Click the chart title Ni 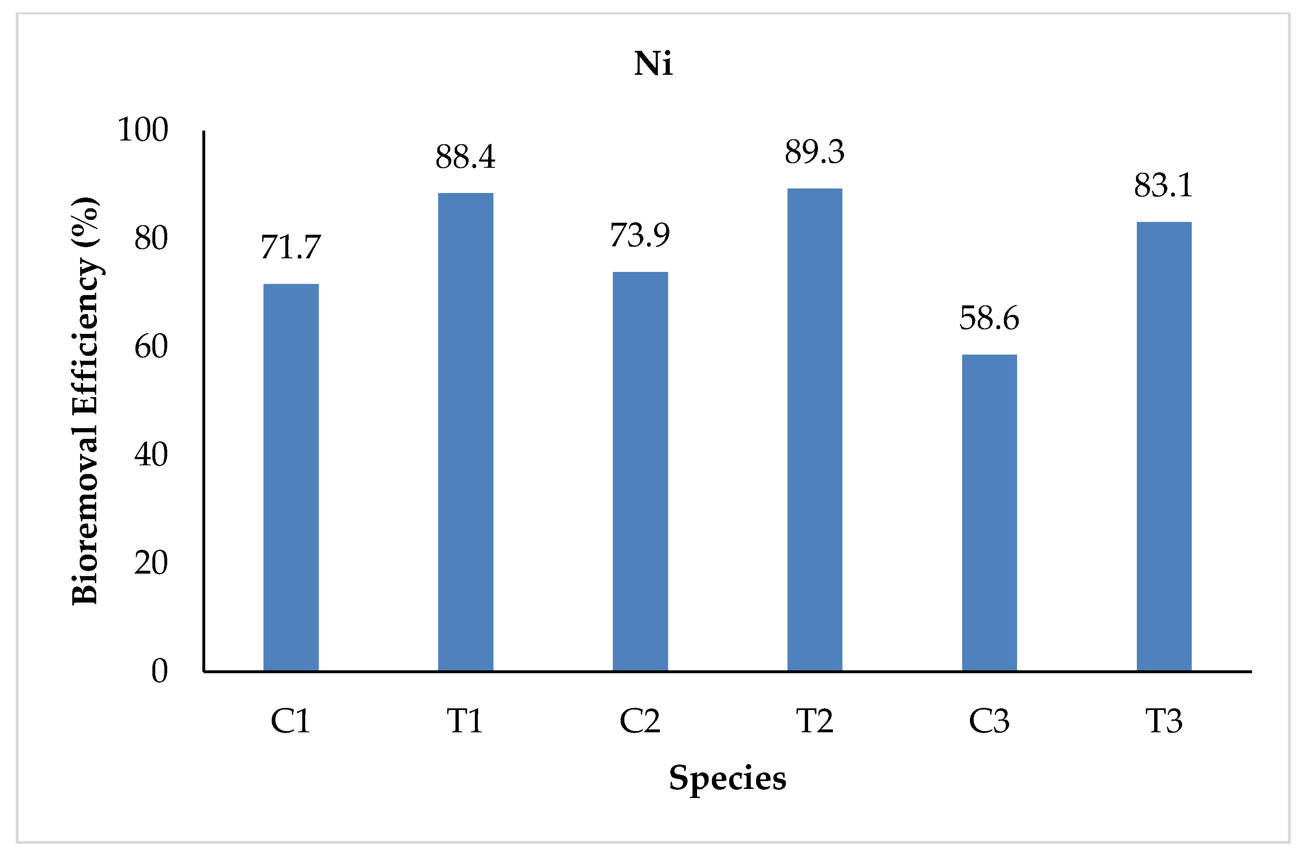click(x=652, y=64)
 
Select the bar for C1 click(x=291, y=477)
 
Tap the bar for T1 click(x=465, y=431)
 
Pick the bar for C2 click(x=640, y=471)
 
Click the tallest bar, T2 click(x=814, y=429)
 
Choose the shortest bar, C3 click(x=989, y=513)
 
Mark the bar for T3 click(x=1164, y=446)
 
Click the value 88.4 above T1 click(x=465, y=157)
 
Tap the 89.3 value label click(x=814, y=152)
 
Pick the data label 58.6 click(x=989, y=319)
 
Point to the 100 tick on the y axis click(x=143, y=131)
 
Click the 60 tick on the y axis click(x=151, y=347)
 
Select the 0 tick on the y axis click(x=159, y=671)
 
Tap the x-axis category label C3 click(x=989, y=721)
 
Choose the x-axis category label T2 click(x=814, y=721)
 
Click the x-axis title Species click(x=727, y=778)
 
